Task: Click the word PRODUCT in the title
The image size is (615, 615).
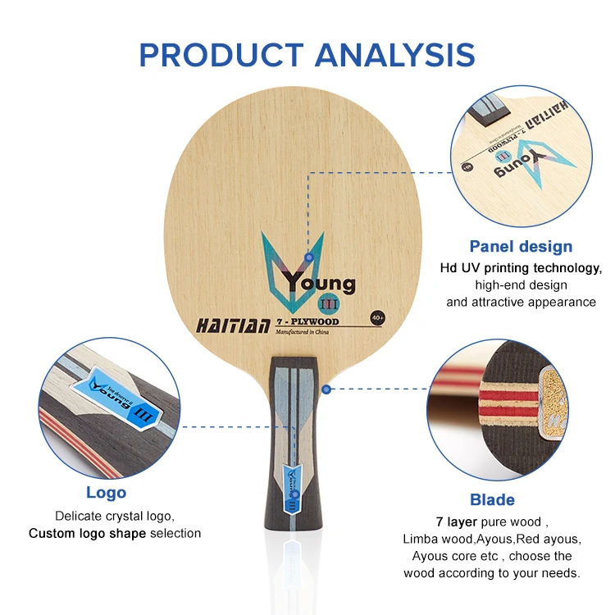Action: [221, 54]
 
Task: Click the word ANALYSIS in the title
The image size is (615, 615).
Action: [395, 54]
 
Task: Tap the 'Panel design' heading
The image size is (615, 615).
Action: [521, 246]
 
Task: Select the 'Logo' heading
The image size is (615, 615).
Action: [107, 492]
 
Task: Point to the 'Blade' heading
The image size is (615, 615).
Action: [492, 499]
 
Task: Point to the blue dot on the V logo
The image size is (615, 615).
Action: [308, 257]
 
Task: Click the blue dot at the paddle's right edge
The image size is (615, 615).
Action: [326, 389]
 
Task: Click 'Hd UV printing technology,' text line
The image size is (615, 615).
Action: [521, 268]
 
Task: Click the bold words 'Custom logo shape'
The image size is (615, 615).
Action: [87, 533]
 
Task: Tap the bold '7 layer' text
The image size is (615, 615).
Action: [449, 522]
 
